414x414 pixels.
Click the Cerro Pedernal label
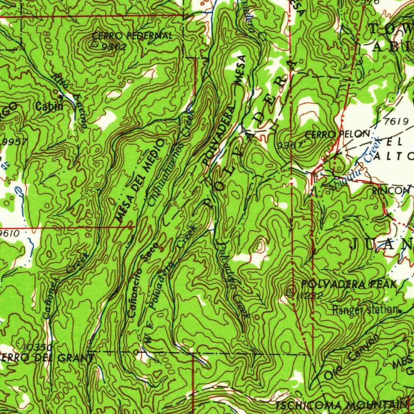133,36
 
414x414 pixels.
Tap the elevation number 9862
114,46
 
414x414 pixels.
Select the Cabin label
49,107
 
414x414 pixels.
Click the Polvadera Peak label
349,284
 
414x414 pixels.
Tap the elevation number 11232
309,296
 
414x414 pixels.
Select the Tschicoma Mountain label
342,406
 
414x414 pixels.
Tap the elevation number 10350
37,347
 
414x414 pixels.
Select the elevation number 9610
9,233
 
